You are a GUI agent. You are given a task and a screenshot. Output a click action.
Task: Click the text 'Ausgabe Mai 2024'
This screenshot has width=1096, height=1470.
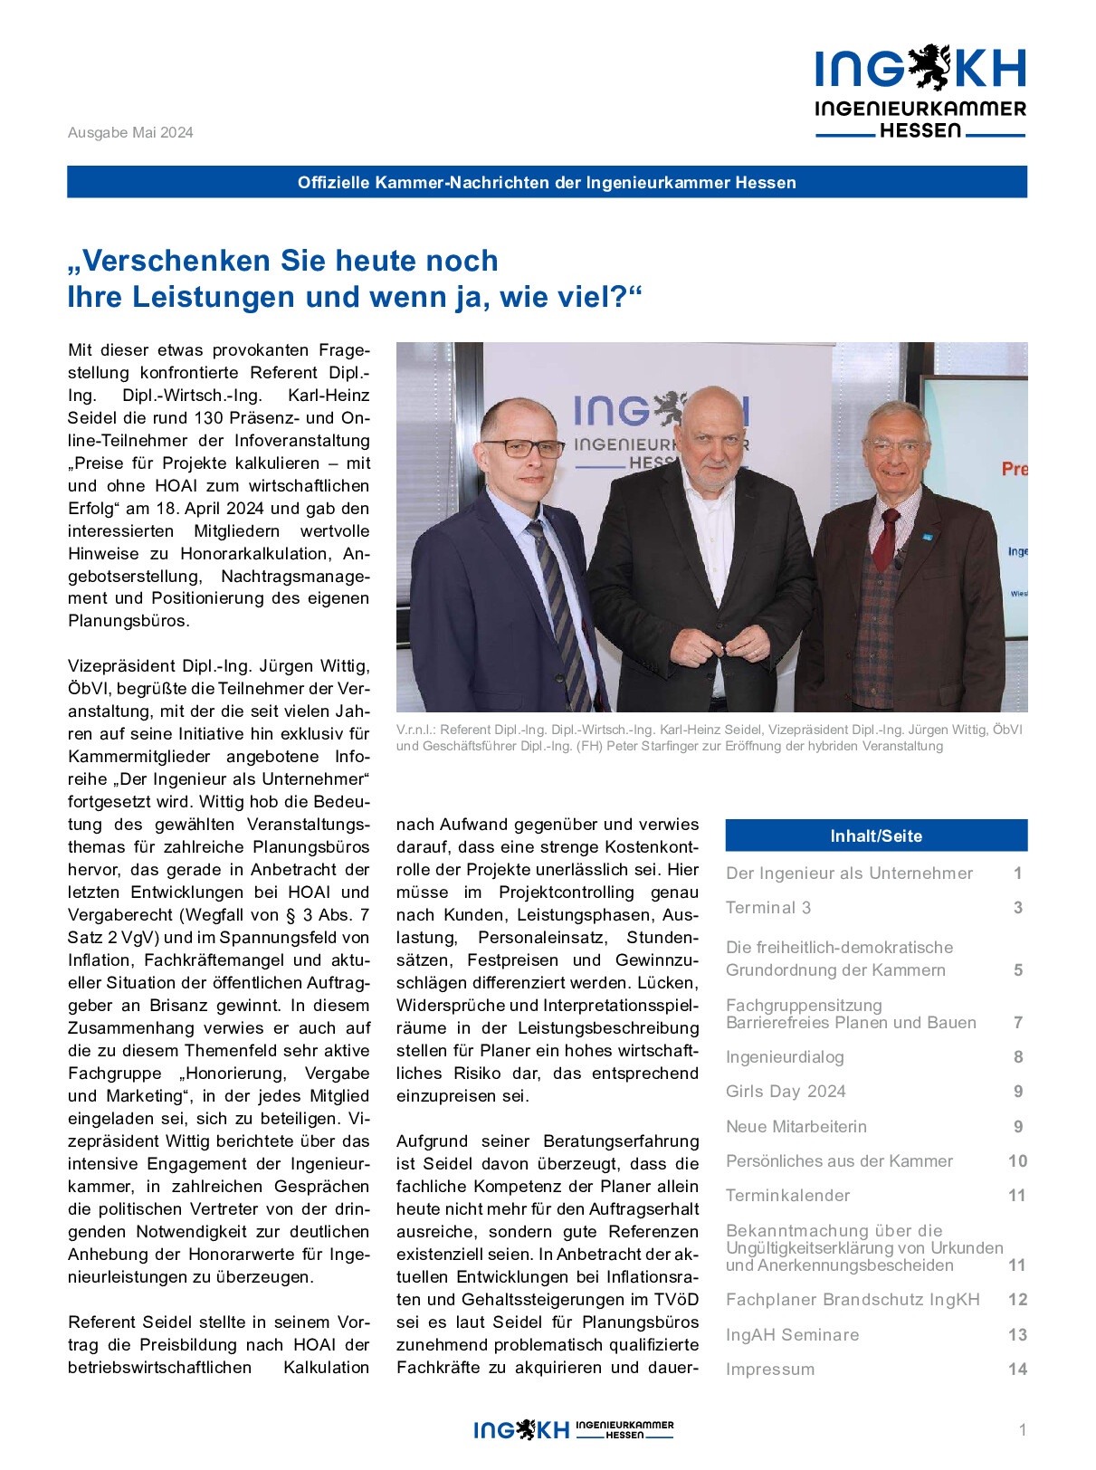(130, 132)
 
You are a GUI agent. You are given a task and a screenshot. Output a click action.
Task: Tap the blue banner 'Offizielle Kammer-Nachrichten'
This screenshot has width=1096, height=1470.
(547, 182)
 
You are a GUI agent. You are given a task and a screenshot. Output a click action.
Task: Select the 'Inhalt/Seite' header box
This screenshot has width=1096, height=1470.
(876, 835)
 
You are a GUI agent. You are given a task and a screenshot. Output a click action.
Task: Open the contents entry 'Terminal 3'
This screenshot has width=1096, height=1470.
(768, 908)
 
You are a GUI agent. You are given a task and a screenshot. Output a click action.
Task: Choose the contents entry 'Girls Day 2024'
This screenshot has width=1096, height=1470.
(786, 1092)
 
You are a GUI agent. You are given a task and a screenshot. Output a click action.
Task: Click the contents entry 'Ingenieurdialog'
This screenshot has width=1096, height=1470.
(785, 1057)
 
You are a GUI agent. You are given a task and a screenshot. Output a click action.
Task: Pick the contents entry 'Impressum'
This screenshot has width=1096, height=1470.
(770, 1370)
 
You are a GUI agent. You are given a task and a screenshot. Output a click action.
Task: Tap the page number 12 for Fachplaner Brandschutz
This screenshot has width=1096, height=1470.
(1017, 1300)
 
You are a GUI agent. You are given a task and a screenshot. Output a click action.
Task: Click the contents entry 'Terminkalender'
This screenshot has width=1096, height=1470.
(787, 1196)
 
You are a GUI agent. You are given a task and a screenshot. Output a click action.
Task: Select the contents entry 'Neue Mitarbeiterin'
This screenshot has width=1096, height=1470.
(796, 1127)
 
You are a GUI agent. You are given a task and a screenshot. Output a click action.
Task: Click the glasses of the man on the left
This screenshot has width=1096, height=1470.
(522, 448)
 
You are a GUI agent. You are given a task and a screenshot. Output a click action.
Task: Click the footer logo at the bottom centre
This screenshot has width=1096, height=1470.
(574, 1429)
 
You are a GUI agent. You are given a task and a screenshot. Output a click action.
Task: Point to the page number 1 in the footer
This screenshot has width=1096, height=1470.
(1023, 1430)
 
